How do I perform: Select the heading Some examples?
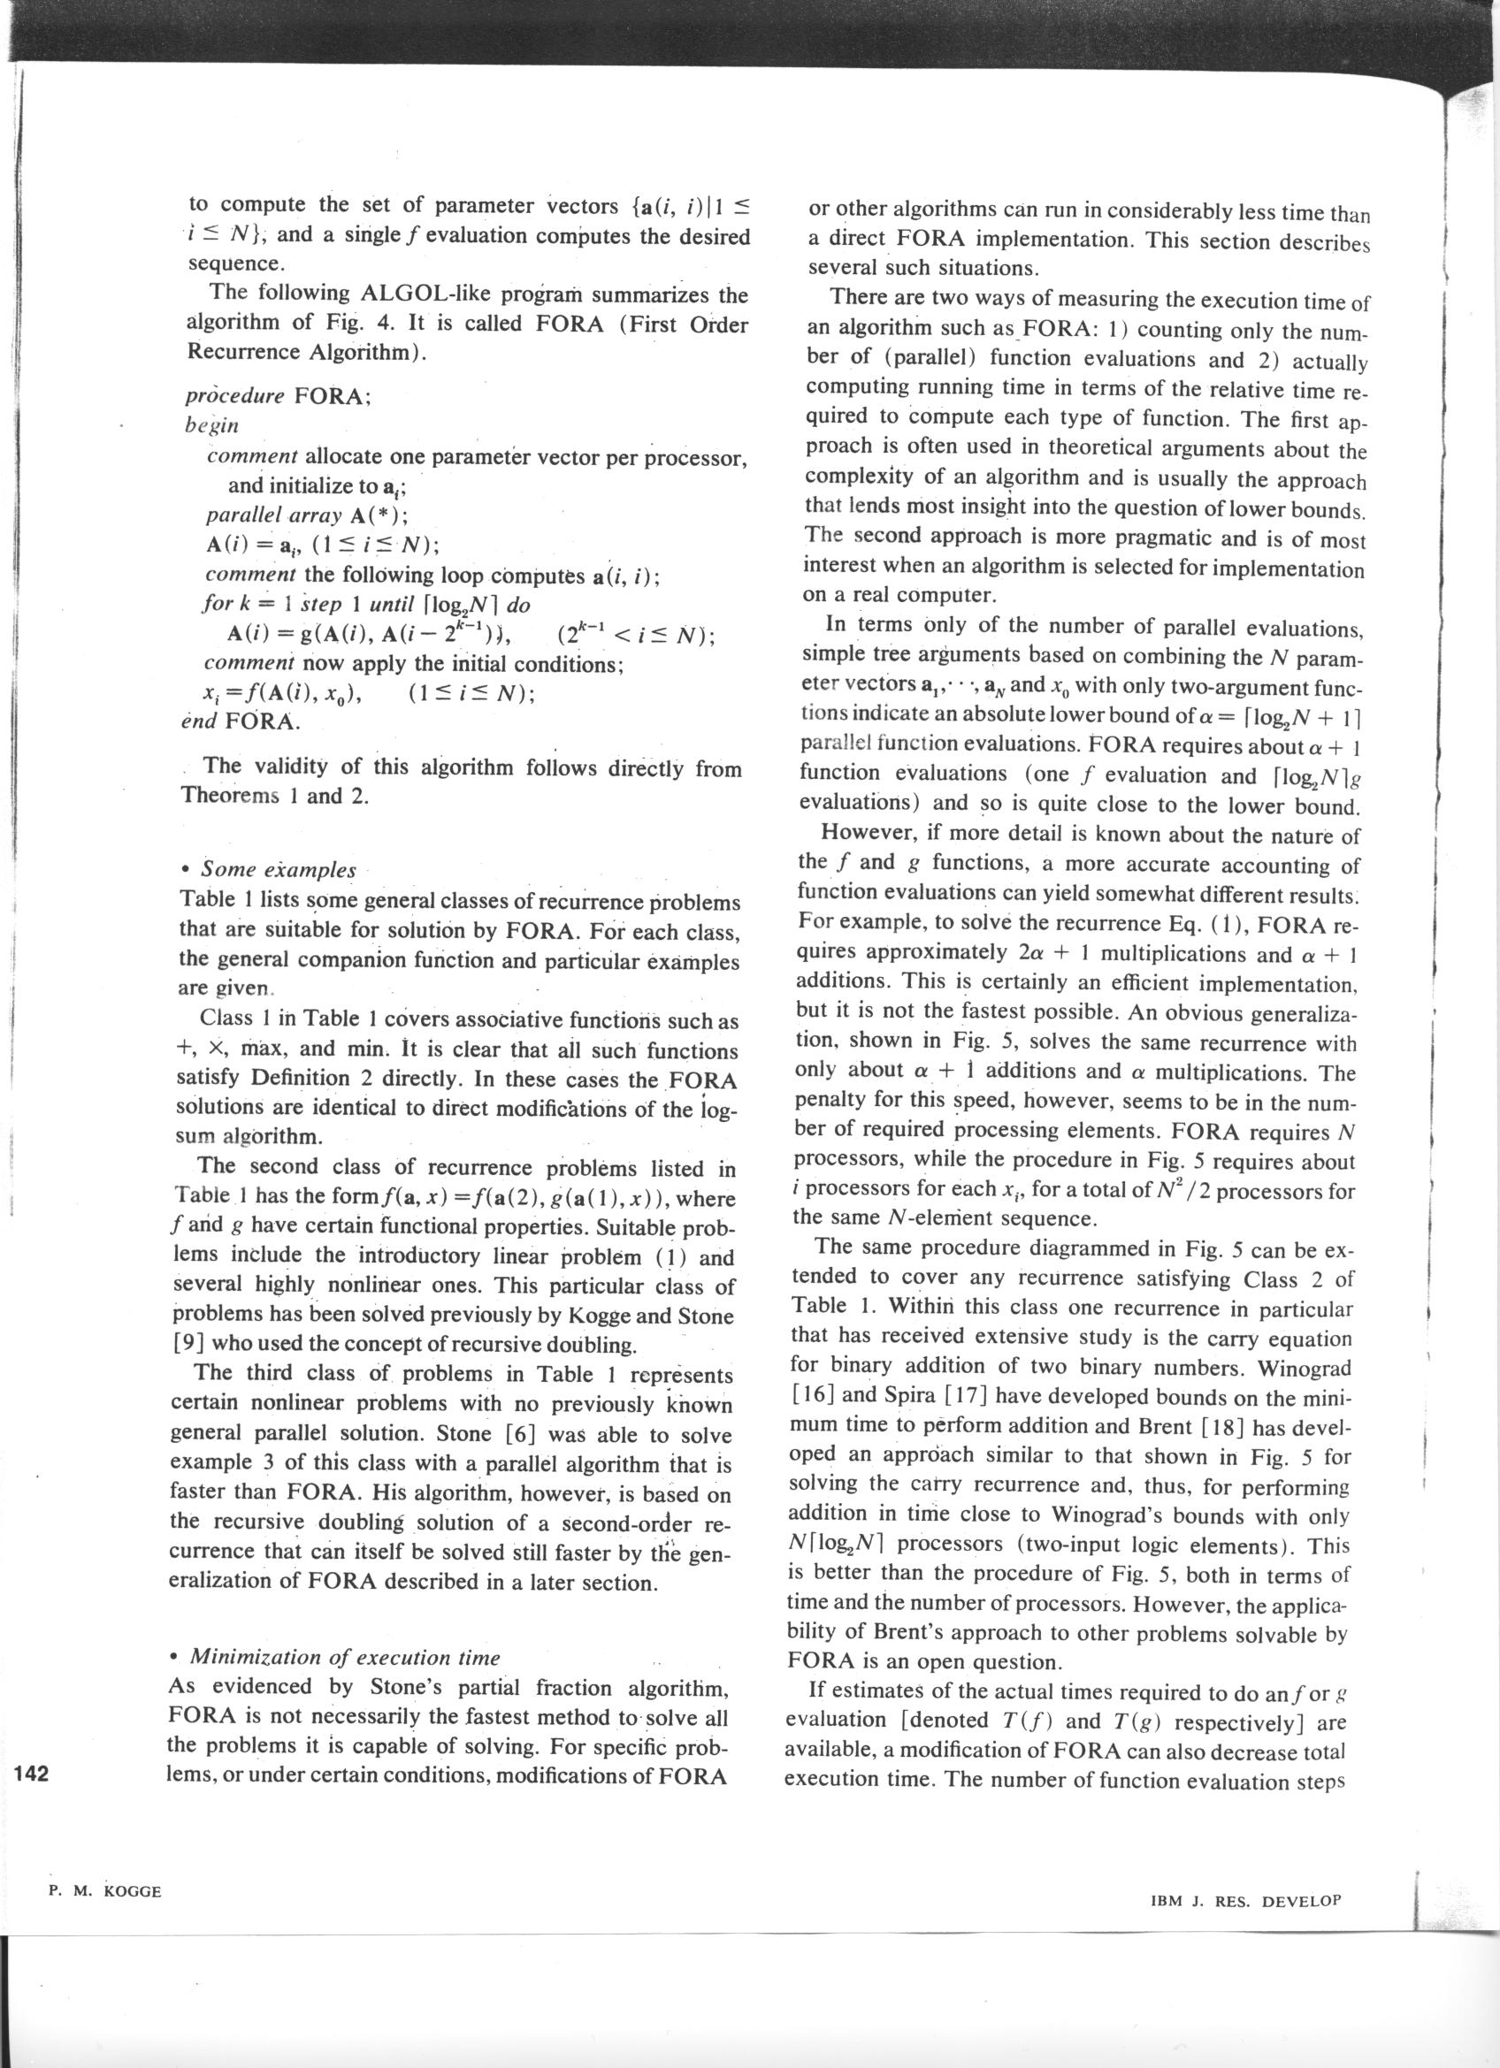click(277, 869)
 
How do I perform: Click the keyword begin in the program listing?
click(211, 425)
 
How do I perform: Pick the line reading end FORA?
click(241, 721)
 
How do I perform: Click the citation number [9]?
click(188, 1345)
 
